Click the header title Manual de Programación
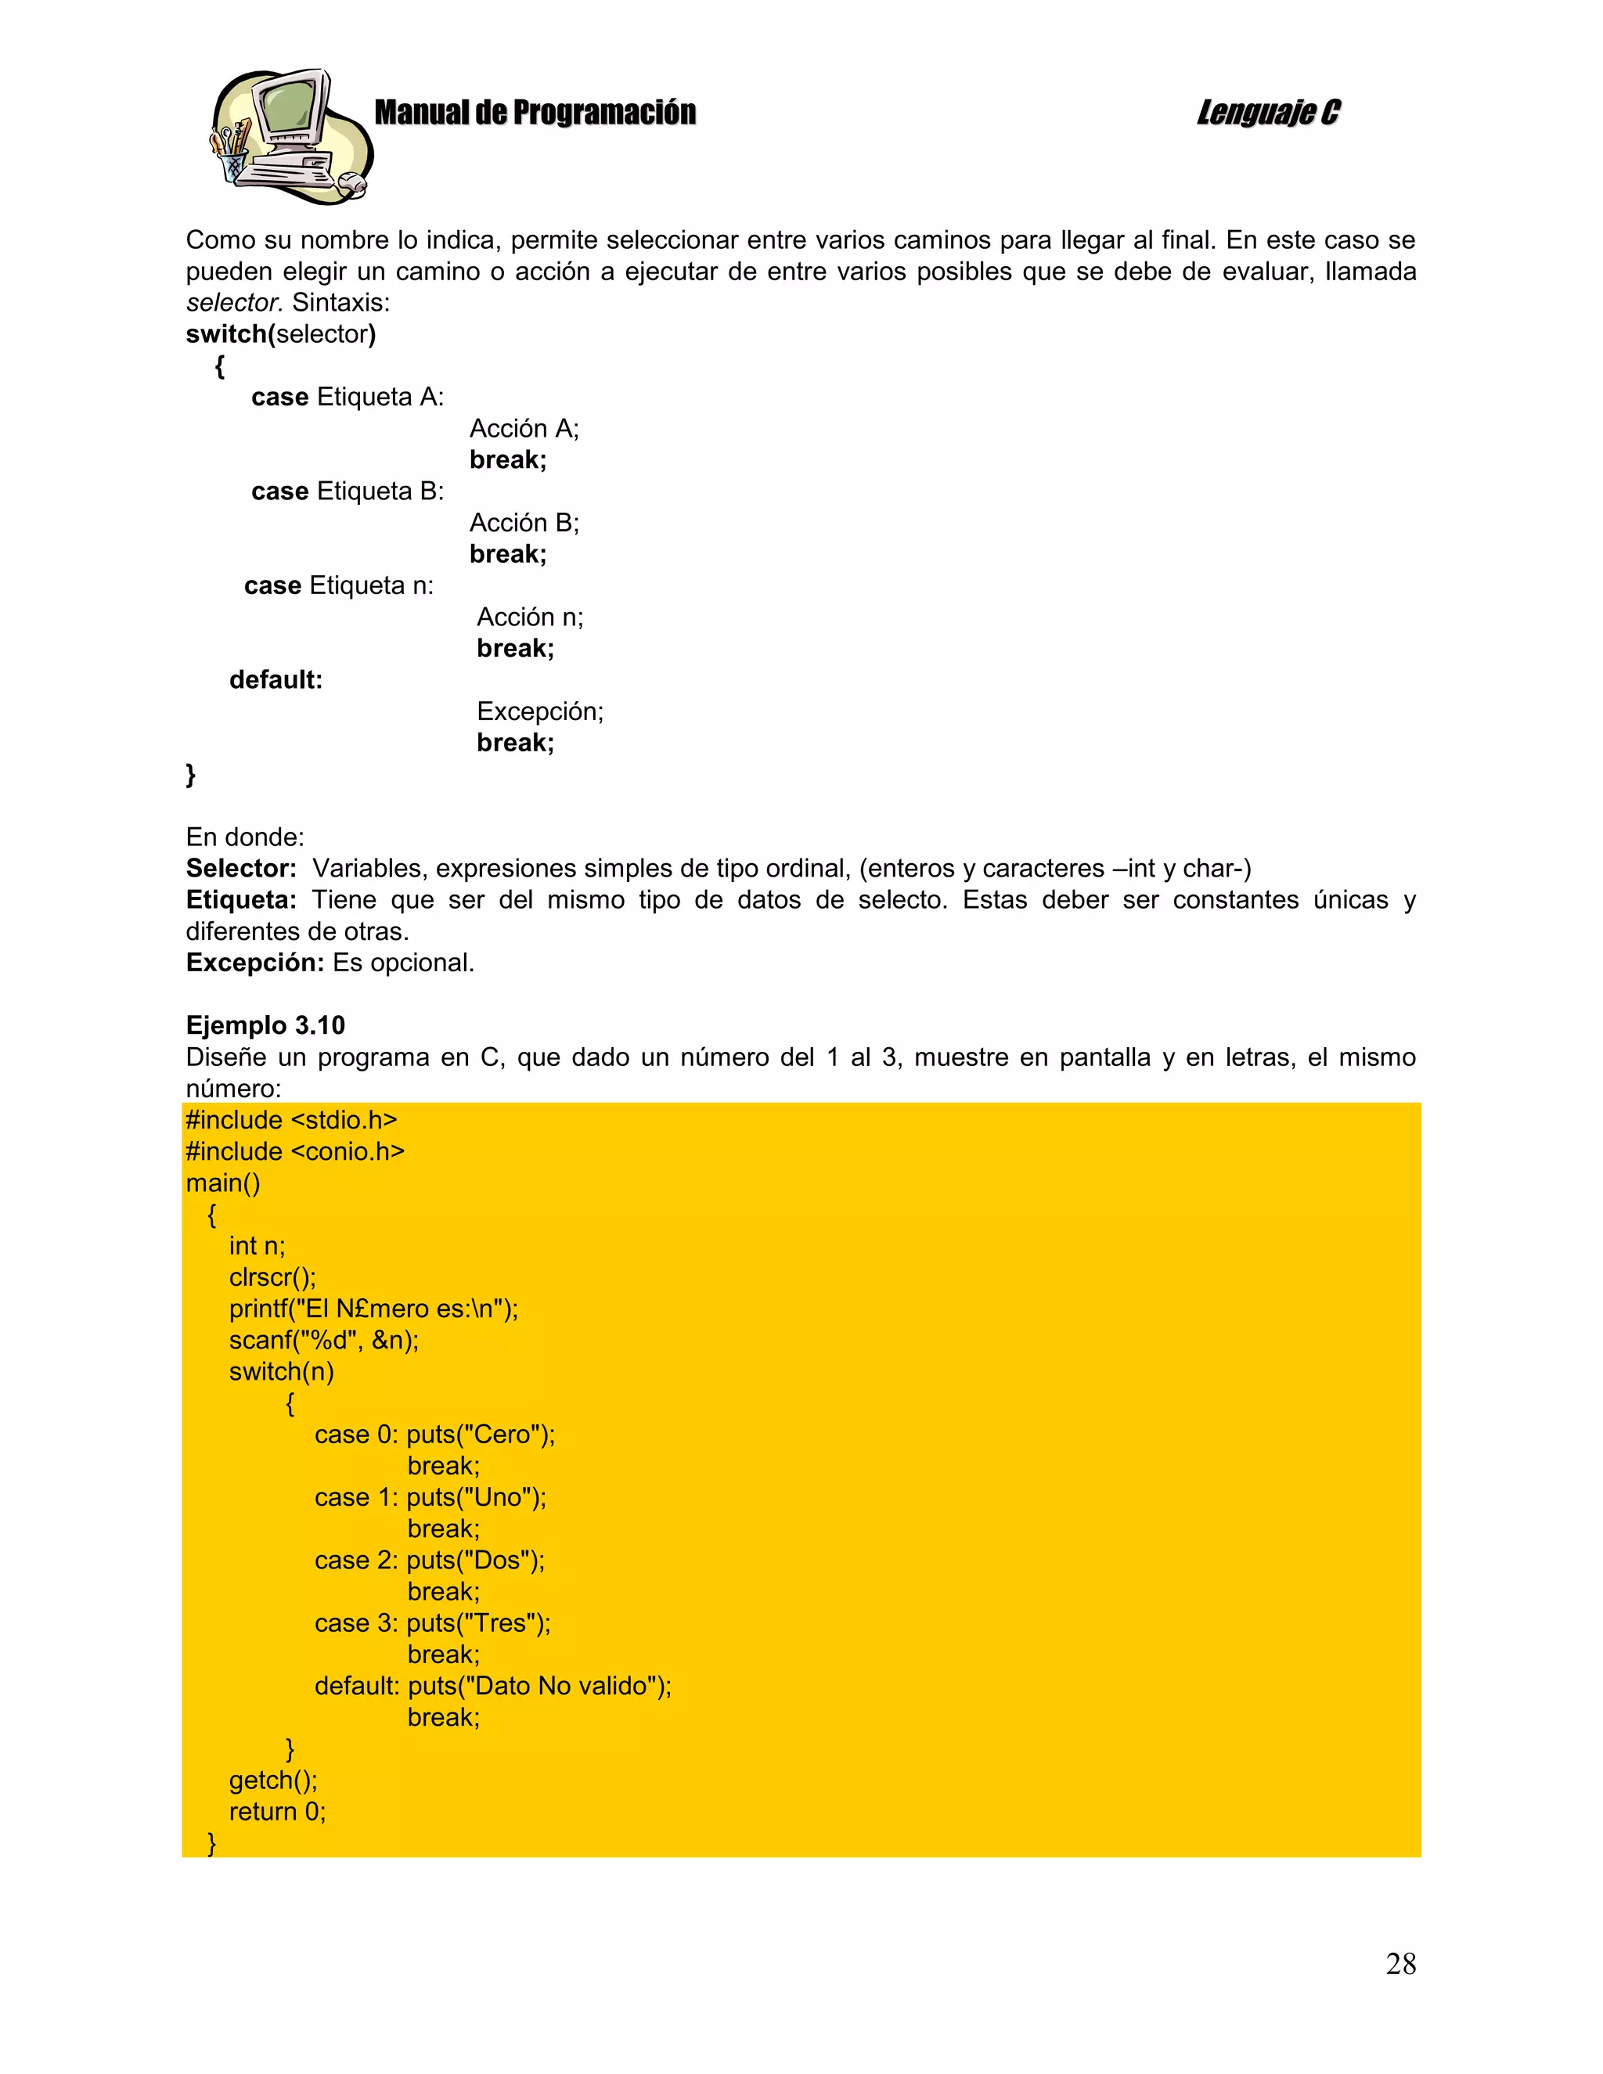point(535,113)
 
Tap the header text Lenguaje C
point(1268,113)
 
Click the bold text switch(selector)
point(281,334)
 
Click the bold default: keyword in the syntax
point(276,680)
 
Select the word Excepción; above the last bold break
point(539,711)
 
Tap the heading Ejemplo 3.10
point(265,1025)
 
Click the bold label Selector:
point(241,868)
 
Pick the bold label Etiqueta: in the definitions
point(241,899)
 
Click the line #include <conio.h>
point(294,1151)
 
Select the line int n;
point(257,1246)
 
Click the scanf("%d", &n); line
point(323,1340)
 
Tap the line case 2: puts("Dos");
point(429,1561)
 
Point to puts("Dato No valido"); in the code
point(539,1686)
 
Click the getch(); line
point(272,1780)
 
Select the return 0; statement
point(276,1811)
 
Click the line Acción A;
point(524,428)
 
